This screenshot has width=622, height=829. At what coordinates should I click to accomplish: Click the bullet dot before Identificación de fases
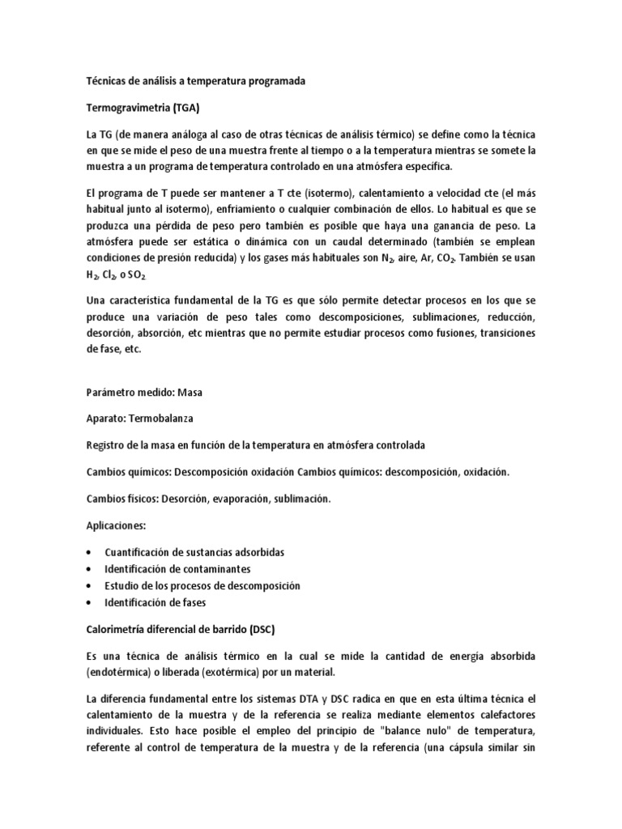click(87, 602)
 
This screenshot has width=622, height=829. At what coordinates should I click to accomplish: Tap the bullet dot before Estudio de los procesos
click(87, 585)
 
